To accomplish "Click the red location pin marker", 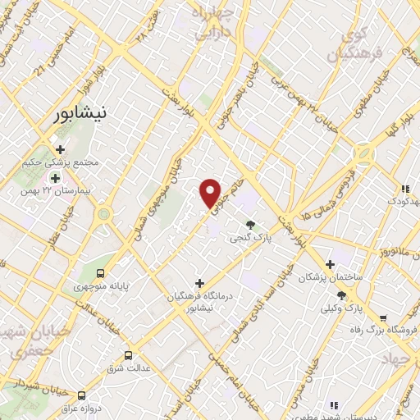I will [211, 194].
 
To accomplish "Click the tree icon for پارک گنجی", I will [250, 225].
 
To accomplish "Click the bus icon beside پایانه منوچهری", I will [101, 273].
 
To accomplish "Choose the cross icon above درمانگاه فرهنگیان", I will [199, 283].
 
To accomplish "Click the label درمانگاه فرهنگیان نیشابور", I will [201, 302].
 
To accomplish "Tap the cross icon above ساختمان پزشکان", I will [330, 264].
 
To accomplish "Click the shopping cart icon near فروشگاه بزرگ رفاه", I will [382, 318].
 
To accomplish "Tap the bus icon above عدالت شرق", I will [128, 355].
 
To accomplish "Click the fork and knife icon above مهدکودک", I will [404, 189].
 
